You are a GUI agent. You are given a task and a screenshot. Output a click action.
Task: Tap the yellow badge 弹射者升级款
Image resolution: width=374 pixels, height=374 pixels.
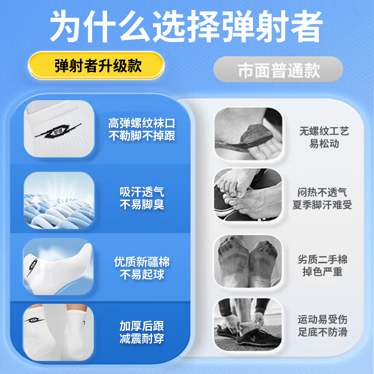[98, 65]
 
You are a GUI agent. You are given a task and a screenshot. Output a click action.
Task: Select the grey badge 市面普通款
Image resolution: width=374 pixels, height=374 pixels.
[278, 71]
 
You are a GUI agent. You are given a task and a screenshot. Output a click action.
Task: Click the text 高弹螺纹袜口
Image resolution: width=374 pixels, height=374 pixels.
[142, 124]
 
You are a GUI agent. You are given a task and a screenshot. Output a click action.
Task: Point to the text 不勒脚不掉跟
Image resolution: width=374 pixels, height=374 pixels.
[142, 136]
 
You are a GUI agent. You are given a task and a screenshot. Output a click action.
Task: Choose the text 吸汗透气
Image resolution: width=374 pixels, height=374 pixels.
[142, 192]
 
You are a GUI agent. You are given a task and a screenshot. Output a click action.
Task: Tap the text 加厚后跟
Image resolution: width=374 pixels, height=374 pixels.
[142, 326]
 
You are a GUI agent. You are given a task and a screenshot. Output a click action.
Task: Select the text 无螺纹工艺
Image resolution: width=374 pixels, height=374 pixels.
[324, 131]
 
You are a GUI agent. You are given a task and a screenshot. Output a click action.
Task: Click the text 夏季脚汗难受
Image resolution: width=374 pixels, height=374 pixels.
[322, 205]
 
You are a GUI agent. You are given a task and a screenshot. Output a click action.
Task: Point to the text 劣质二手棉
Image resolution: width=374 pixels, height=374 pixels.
[323, 260]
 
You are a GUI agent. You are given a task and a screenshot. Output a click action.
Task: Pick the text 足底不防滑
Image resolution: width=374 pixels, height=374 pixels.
[323, 332]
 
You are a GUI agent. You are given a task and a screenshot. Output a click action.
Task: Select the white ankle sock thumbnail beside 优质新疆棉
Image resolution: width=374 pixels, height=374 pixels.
[59, 267]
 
